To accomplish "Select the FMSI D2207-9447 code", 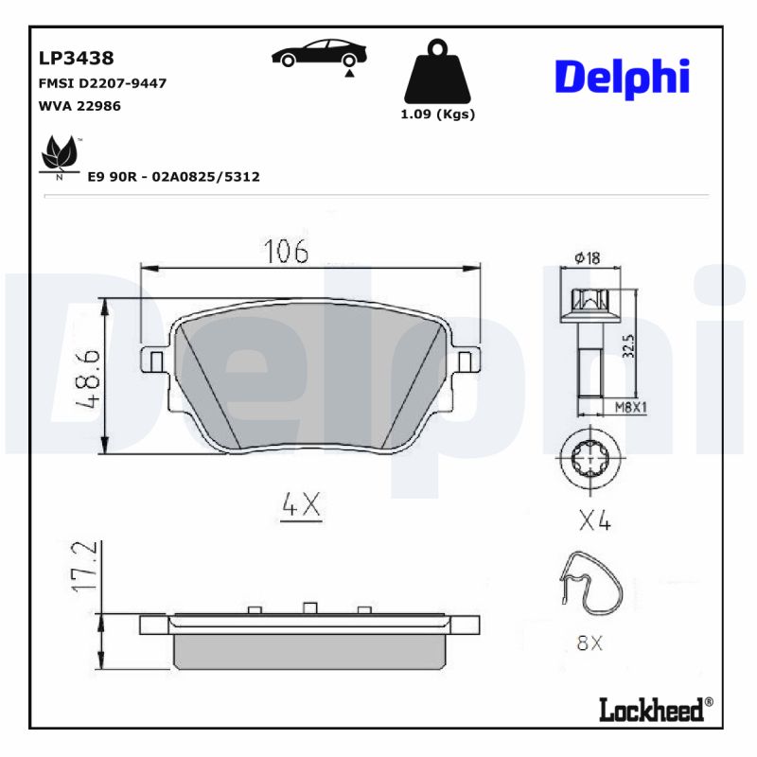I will tap(101, 83).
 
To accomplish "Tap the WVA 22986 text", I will tap(79, 106).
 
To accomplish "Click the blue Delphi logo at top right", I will tap(622, 78).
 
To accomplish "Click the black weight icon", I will tap(436, 72).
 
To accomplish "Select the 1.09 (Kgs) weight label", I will tap(436, 114).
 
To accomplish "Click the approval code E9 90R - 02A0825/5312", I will tap(173, 177).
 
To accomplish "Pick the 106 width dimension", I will tap(286, 252).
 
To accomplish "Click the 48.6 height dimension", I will tap(88, 377).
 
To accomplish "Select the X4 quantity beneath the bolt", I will tap(592, 521).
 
